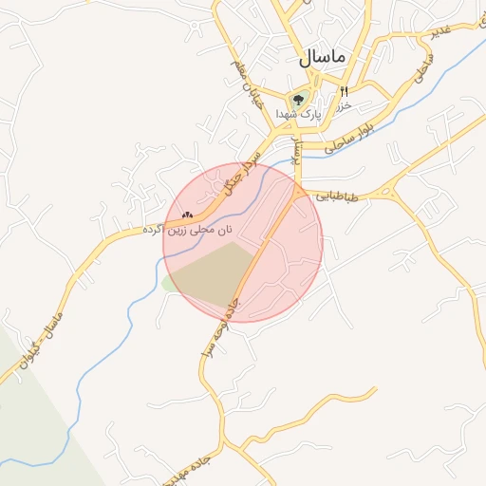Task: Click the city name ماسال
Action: click(x=320, y=56)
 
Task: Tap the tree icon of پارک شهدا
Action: click(x=299, y=98)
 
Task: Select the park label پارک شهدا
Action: click(x=299, y=113)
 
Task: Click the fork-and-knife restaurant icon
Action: click(x=344, y=92)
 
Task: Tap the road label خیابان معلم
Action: click(x=245, y=83)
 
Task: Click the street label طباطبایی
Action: click(x=339, y=196)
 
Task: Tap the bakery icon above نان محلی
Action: click(x=187, y=215)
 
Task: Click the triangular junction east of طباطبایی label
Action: click(x=387, y=193)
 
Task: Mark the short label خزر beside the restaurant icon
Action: click(x=346, y=103)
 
